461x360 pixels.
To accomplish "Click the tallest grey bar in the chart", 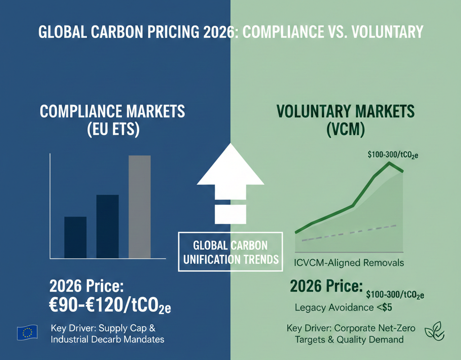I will (140, 207).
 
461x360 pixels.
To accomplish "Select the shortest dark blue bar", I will (75, 237).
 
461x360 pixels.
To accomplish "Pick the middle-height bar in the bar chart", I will (108, 226).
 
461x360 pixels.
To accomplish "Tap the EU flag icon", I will (27, 333).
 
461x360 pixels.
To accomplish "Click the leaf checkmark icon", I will (434, 332).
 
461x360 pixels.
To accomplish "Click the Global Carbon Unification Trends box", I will (230, 252).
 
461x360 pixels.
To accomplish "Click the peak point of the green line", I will (389, 163).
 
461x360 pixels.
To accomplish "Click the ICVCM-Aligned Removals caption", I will (349, 263).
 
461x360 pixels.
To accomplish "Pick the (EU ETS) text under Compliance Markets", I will (112, 130).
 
